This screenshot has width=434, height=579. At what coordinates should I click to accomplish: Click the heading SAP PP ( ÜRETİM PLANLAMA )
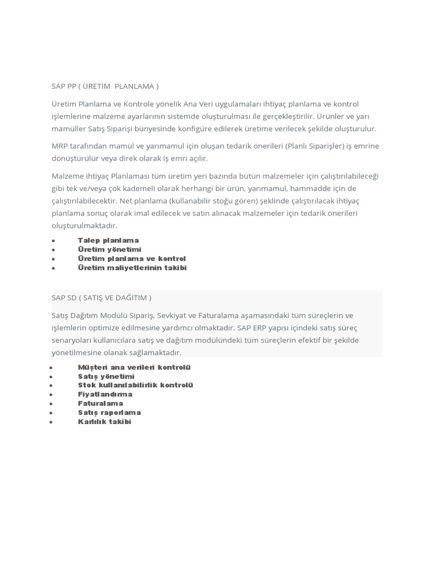click(105, 86)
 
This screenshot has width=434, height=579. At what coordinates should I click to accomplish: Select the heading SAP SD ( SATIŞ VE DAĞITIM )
click(102, 297)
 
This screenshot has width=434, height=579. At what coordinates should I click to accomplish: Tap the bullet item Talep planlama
click(108, 240)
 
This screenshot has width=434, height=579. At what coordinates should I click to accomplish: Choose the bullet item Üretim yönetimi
click(110, 249)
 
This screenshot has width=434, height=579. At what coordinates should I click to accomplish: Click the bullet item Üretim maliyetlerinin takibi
click(132, 267)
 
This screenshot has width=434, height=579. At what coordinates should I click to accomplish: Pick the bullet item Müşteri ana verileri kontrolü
click(134, 367)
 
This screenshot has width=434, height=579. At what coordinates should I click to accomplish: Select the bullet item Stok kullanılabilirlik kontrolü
click(136, 385)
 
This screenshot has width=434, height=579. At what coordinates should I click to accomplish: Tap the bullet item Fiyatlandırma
click(105, 394)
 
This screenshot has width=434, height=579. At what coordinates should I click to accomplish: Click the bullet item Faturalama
click(101, 403)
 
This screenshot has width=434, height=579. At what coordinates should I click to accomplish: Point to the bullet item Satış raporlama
click(110, 412)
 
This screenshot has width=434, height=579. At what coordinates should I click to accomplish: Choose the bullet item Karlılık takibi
click(105, 421)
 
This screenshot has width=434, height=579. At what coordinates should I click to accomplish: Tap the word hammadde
click(306, 188)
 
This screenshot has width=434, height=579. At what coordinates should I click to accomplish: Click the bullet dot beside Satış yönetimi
click(51, 377)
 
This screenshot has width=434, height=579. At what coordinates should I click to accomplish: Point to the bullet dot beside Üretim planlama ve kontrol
click(53, 259)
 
